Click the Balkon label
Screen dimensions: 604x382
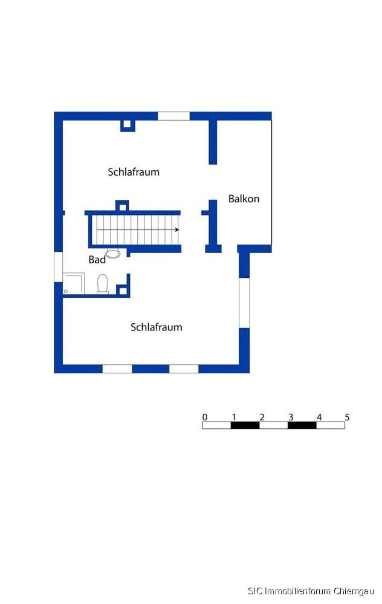coord(244,199)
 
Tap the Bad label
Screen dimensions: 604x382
coord(97,260)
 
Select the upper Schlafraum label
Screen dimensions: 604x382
coord(134,172)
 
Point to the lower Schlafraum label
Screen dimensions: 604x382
coord(157,327)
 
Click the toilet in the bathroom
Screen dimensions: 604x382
coord(103,283)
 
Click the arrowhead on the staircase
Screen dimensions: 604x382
coord(176,230)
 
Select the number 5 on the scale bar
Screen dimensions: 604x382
coord(347,417)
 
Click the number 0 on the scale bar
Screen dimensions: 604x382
coord(205,417)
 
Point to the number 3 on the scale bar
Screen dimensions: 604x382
coord(290,417)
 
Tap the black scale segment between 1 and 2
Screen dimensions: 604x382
coord(245,425)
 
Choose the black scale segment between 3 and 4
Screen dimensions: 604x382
coord(302,425)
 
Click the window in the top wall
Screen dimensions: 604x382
coord(173,116)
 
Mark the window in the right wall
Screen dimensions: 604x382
coord(244,303)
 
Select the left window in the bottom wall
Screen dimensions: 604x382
coord(117,368)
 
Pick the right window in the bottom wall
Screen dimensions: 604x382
coord(184,368)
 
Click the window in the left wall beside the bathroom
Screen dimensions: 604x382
coord(58,267)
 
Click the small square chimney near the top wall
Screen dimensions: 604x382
coord(126,125)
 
